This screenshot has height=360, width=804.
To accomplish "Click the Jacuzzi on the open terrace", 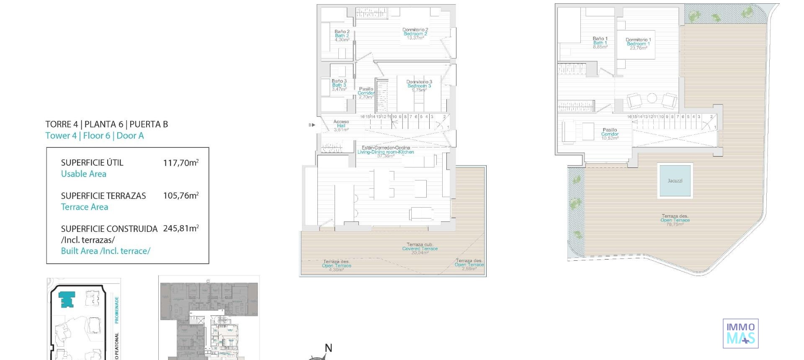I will [x=675, y=180].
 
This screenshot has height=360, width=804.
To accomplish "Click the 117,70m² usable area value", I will [x=180, y=163].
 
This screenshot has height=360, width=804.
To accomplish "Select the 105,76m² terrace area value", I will [x=180, y=196].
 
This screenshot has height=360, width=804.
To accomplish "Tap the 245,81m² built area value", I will [x=180, y=229].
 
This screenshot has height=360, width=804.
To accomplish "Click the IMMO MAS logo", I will [x=740, y=333].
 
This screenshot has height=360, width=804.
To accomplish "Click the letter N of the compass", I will [x=329, y=348].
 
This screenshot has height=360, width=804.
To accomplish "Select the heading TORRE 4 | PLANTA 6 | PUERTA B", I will [x=107, y=124].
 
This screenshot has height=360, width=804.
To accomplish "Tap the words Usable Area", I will [x=84, y=174].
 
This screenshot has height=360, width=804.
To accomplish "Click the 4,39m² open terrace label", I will [x=336, y=266].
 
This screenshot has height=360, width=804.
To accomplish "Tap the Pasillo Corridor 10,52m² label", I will [x=610, y=134].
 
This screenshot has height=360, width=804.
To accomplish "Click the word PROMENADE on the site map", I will [x=117, y=310].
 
